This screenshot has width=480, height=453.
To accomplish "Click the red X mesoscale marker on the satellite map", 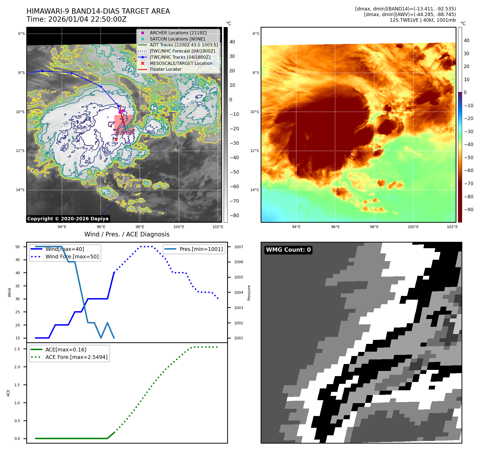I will coord(116,139).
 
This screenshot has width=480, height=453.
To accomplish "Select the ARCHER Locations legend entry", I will coord(178,33).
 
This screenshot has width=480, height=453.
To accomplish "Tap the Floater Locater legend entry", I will coord(166,69).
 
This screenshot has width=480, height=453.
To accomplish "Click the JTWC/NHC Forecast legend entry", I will coord(182,51).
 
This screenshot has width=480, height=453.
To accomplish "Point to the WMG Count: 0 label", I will coord(288,250).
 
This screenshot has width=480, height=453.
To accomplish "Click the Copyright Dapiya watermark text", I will coord(68,219).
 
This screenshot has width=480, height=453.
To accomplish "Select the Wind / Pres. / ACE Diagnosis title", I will coord(127,234).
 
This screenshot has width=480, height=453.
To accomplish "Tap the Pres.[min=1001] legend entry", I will coord(201,249).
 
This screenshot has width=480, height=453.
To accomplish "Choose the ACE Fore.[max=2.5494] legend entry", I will coord(76,357).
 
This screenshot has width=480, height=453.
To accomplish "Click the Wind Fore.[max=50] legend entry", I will coord(72,257).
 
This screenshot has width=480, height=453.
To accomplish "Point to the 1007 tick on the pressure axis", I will coord(238,247).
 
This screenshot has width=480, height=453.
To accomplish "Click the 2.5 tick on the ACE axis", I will coord(17,349).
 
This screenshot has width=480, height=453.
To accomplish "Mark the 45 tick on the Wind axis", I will coord(18,260).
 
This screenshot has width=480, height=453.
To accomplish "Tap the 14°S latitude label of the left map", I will coord(20,190).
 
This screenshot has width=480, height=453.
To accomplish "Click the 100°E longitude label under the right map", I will coord(413,227).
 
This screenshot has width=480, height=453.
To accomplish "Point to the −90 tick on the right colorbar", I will coord(468,210).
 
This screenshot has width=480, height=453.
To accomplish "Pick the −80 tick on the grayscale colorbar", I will coord(234,216).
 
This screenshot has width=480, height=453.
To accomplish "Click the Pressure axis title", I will coord(249,293).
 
